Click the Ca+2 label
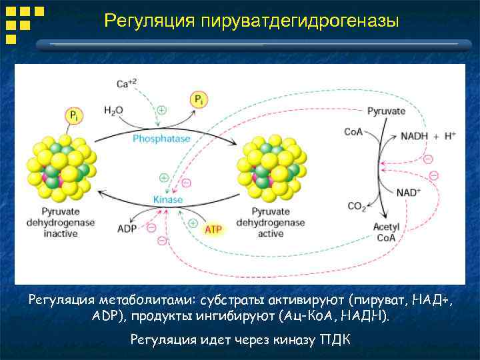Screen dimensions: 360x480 (127, 83)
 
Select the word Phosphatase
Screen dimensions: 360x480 (161, 139)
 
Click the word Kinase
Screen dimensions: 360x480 (167, 199)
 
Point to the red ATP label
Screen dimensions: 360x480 (213, 229)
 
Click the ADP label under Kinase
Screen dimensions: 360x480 (127, 229)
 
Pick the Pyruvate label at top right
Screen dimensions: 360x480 (386, 111)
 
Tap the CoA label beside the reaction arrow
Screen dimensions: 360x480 (353, 132)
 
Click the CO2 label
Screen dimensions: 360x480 (357, 206)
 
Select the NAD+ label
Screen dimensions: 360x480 (409, 192)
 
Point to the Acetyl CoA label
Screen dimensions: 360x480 (386, 232)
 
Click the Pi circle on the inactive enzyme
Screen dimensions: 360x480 (74, 115)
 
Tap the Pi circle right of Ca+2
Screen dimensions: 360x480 (199, 100)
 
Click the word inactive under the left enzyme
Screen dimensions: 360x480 (61, 234)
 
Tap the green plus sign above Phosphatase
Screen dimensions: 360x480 (162, 110)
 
